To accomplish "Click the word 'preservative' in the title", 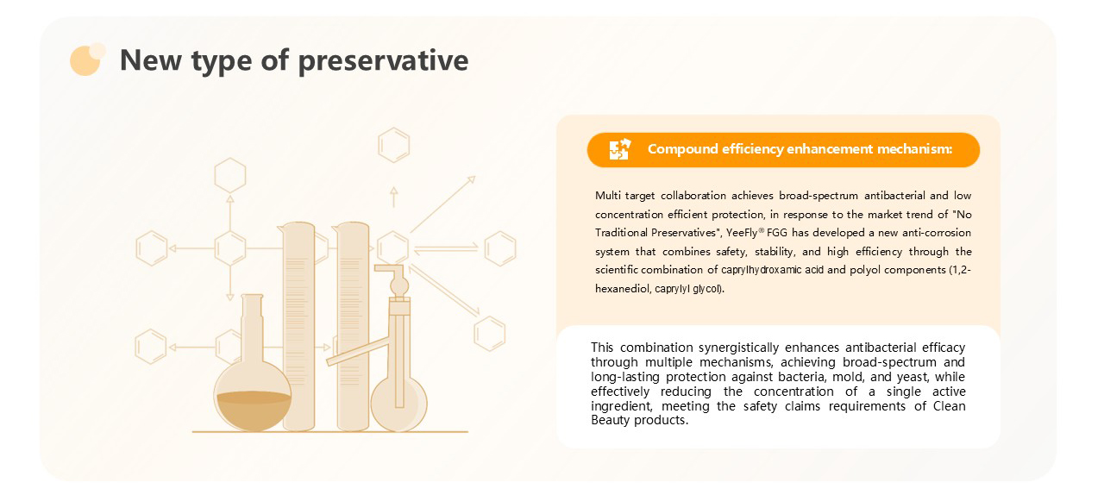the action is (384, 61).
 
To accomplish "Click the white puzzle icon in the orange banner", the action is (620, 149).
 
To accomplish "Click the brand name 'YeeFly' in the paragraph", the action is (742, 233).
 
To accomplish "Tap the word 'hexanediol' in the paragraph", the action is (623, 288).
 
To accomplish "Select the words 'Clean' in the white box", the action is (950, 406).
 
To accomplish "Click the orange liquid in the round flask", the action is (254, 410).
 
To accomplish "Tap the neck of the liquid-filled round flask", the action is (252, 325).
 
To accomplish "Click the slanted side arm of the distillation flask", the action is (358, 351).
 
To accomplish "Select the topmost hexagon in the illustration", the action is (394, 145).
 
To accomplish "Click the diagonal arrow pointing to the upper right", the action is (442, 204).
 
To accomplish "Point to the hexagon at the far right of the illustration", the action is (500, 248).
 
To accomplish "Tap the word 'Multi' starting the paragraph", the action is (606, 196).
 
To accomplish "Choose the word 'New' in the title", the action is (151, 60).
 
